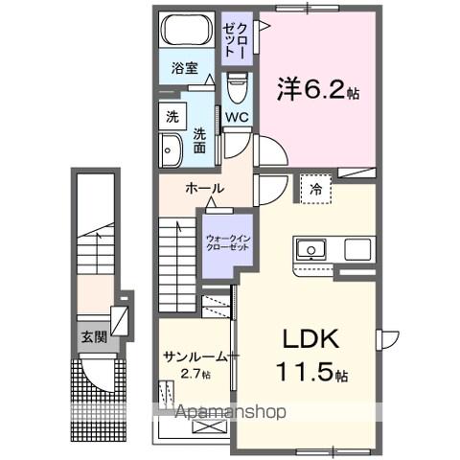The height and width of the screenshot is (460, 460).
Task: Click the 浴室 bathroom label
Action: [185, 69]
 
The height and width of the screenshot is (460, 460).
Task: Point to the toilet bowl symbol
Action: [237, 88]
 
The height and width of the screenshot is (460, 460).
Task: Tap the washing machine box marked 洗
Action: [172, 117]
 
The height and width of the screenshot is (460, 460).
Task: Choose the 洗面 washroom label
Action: [199, 141]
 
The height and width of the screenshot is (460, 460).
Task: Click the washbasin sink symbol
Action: [171, 149]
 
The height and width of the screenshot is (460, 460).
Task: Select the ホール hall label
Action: [204, 189]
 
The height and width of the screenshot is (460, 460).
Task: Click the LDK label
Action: [311, 339]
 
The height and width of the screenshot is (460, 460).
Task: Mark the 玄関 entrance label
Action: [93, 336]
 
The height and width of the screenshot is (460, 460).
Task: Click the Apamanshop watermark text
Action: [230, 413]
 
